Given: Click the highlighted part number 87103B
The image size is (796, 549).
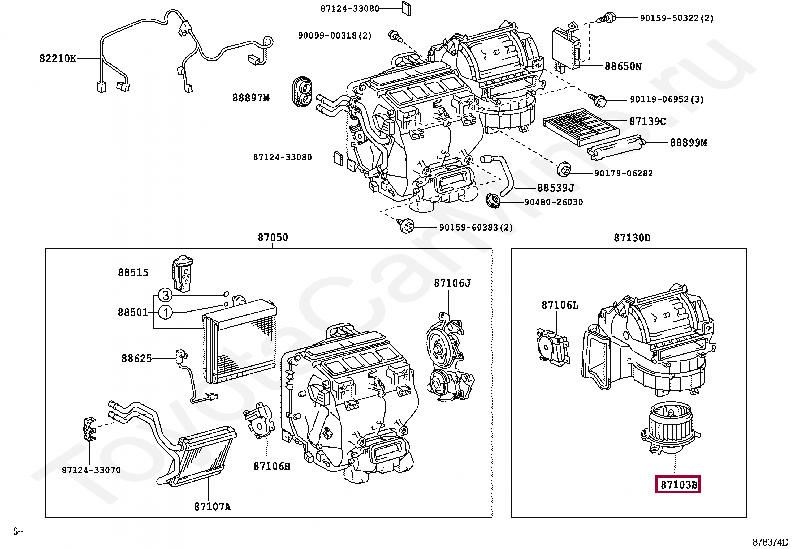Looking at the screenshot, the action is coord(677,485).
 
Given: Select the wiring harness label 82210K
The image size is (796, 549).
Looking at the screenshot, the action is coord(58,58).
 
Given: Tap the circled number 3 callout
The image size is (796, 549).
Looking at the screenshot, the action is coord(165,295).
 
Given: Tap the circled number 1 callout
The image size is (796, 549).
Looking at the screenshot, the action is coord(165,312).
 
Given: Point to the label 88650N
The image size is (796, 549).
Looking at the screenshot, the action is coord(623,66).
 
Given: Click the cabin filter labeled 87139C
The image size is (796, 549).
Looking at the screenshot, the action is coord(581,127).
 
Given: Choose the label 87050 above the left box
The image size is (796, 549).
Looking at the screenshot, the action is coord(273,237).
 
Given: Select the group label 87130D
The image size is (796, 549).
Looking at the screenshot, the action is coord(632,238).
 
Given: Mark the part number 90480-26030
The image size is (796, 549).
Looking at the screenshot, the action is coord(553,202).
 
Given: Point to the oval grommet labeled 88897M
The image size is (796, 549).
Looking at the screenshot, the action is coord(302,90).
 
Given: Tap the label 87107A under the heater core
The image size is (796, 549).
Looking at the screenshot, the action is coord(212,506).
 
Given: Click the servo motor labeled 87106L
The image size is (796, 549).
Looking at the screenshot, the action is coord(553,347).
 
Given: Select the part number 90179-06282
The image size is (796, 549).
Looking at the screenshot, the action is coord(623,173).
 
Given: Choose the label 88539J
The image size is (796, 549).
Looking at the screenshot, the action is coord(556,187).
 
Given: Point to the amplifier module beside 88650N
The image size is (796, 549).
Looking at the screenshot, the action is coord(566,48).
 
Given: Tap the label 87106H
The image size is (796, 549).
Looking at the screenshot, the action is coord(272,466).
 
